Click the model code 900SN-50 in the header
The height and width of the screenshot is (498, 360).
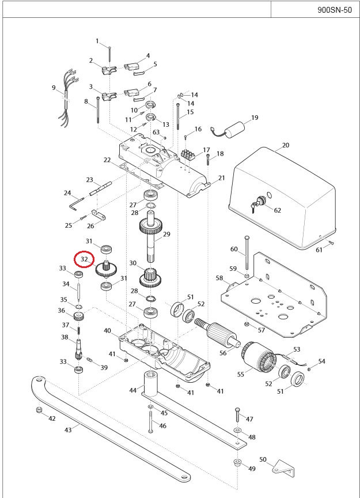334,10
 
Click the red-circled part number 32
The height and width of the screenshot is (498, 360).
85,259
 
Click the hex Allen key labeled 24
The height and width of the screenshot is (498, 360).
74,202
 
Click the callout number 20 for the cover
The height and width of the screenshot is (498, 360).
286,145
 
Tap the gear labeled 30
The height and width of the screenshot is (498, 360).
153,278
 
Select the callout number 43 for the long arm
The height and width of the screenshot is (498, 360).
67,430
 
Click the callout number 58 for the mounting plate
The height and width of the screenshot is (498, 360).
219,278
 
